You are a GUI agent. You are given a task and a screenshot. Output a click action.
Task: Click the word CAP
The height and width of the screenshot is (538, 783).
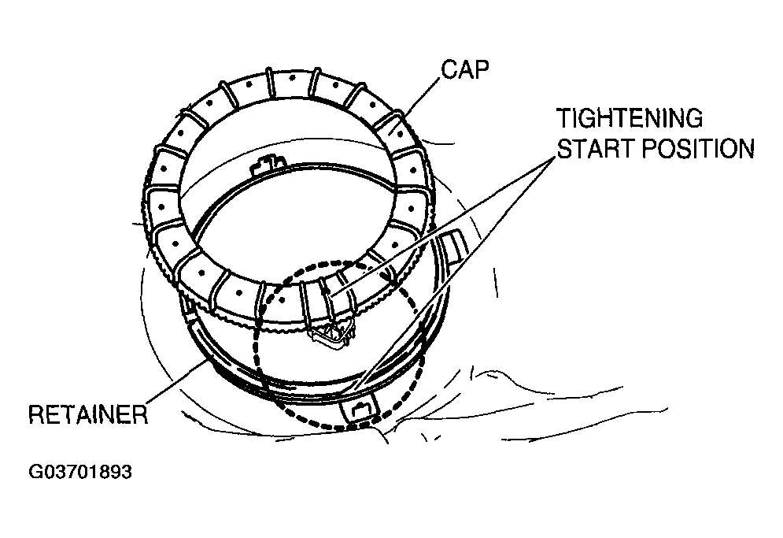coord(465,69)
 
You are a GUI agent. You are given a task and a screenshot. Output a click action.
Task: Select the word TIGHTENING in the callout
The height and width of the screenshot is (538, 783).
coord(629,119)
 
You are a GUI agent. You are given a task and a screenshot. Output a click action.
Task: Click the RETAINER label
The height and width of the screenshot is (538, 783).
coord(88,414)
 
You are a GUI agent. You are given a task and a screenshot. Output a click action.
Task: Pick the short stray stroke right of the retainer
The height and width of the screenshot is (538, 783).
coord(497,279)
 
